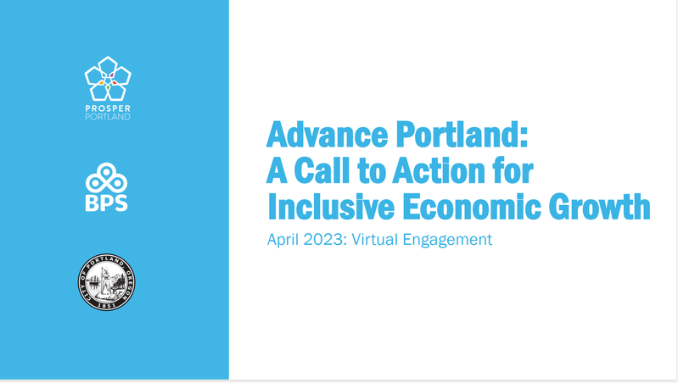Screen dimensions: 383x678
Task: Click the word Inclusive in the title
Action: click(x=333, y=207)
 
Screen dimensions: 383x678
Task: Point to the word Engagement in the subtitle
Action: click(x=451, y=240)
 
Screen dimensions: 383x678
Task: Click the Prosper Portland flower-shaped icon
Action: click(x=108, y=77)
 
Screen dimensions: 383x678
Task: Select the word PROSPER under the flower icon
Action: click(x=108, y=107)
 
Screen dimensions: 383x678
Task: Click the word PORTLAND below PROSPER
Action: click(x=108, y=116)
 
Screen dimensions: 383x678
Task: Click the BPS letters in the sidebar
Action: click(x=107, y=203)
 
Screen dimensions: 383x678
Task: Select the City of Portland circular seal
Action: click(x=107, y=281)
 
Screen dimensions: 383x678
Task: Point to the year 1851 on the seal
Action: click(x=107, y=304)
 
